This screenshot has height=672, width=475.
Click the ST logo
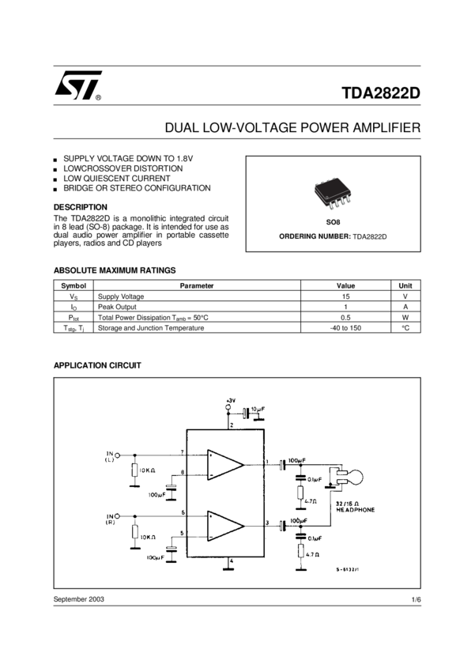point(77,86)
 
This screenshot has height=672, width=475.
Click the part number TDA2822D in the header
point(381,92)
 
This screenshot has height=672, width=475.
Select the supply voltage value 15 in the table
point(345,296)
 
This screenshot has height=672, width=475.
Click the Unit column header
point(405,285)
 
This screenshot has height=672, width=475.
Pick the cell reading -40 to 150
point(345,327)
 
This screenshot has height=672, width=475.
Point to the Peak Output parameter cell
point(118,307)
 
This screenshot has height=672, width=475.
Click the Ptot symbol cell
point(74,317)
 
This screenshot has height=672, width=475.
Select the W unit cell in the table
point(405,317)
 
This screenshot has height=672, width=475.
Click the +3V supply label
point(230,402)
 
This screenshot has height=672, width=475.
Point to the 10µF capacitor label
point(258,410)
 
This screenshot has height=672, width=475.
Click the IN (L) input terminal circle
point(119,455)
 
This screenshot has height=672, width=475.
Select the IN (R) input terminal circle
point(119,515)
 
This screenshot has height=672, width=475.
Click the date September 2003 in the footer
point(79,599)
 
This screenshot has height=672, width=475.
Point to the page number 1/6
point(416,600)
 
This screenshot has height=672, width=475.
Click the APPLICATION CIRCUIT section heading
point(97,365)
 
